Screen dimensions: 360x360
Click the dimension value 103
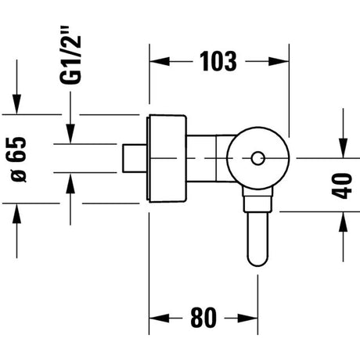pyautogui.click(x=218, y=62)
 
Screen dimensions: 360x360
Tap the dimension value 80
pyautogui.click(x=203, y=318)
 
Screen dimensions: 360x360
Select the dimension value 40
pyautogui.click(x=342, y=185)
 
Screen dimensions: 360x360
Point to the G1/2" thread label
pyautogui.click(x=70, y=55)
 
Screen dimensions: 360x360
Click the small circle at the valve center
pyautogui.click(x=258, y=158)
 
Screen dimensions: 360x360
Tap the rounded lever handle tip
pyautogui.click(x=257, y=259)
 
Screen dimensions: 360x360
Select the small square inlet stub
pyautogui.click(x=135, y=158)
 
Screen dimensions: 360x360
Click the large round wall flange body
pyautogui.click(x=167, y=158)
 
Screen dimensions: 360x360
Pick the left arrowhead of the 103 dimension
pyautogui.click(x=160, y=62)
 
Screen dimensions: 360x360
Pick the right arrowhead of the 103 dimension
pyautogui.click(x=279, y=62)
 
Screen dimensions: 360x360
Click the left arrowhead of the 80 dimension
pyautogui.click(x=159, y=319)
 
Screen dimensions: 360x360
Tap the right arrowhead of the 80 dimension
pyautogui.click(x=248, y=319)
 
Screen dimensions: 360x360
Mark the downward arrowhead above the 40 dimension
pyautogui.click(x=344, y=148)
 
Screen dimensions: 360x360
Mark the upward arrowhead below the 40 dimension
pyautogui.click(x=344, y=221)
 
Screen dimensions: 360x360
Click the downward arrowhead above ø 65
pyautogui.click(x=17, y=104)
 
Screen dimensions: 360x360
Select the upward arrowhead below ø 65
pyautogui.click(x=17, y=214)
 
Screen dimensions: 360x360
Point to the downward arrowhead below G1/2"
pyautogui.click(x=70, y=134)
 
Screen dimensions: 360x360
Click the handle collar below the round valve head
pyautogui.click(x=257, y=200)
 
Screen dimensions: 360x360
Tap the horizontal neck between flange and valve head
pyautogui.click(x=209, y=158)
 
